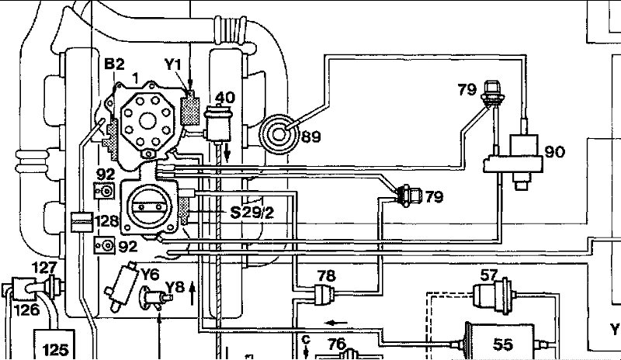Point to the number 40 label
coord(225,97)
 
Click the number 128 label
coord(106,220)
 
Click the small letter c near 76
coord(306,340)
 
